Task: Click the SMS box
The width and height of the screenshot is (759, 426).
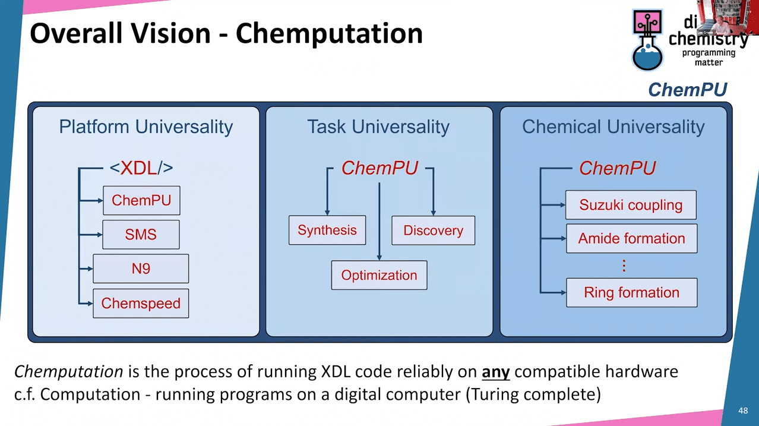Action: [x=141, y=235]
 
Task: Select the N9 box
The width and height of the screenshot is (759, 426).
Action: [x=141, y=269]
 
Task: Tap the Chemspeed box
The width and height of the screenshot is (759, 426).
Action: [x=141, y=303]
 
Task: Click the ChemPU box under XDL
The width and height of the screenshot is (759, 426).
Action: [x=141, y=200]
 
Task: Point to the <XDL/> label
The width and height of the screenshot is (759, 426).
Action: [x=141, y=168]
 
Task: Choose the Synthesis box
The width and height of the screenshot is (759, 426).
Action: [x=327, y=230]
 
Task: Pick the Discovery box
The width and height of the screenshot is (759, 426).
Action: [x=433, y=231]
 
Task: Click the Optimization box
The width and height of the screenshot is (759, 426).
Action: [x=379, y=275]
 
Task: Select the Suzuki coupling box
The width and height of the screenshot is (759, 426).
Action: [x=631, y=205]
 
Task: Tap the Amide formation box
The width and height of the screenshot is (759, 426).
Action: [x=631, y=238]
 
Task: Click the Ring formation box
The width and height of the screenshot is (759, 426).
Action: [x=631, y=292]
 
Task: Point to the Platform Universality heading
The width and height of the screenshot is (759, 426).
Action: [x=146, y=127]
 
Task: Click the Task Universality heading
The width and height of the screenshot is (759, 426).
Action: [x=378, y=127]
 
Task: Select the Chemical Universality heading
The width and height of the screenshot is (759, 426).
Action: [x=613, y=127]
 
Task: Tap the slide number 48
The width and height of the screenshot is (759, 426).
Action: [x=742, y=411]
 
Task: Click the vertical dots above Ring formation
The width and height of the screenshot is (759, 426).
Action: [x=624, y=266]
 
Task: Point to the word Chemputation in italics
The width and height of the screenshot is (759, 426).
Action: [x=68, y=373]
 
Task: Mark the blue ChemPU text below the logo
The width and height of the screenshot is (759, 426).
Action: [x=687, y=90]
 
